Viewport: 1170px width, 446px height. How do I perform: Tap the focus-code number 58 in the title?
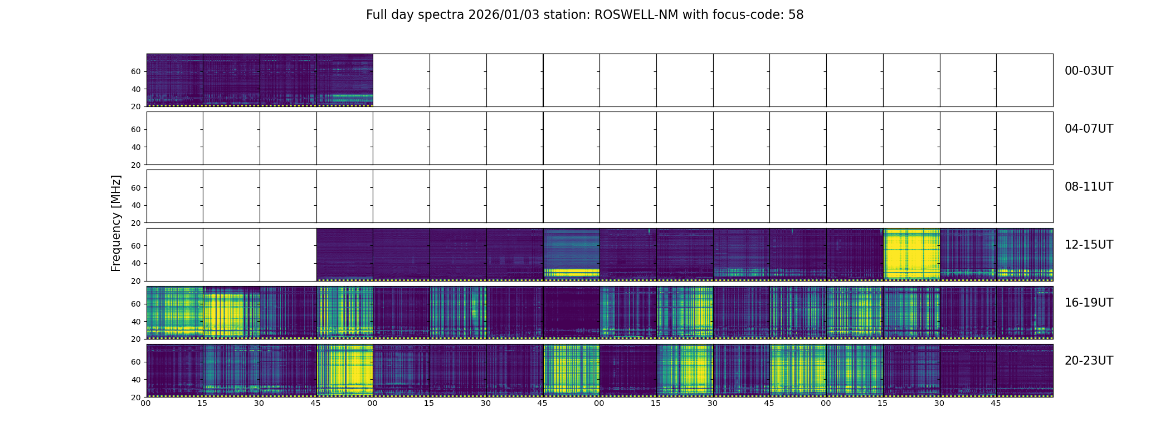(x=796, y=15)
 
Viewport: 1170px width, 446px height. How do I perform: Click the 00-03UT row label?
(x=1089, y=71)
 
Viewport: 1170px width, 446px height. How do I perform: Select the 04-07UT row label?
(x=1089, y=129)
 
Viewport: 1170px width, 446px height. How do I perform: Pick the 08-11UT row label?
(x=1089, y=187)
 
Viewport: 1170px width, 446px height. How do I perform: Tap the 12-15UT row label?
(x=1089, y=245)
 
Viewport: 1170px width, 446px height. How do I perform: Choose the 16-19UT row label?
(x=1089, y=303)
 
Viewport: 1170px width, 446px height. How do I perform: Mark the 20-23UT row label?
(x=1089, y=361)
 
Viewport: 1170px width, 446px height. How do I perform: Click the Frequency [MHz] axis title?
(x=116, y=223)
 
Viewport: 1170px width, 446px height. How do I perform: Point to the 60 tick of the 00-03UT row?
(x=136, y=71)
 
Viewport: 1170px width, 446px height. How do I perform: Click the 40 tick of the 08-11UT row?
(x=136, y=205)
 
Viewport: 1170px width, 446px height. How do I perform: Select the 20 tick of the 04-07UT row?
(x=136, y=165)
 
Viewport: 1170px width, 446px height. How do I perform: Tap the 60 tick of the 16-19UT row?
(x=136, y=304)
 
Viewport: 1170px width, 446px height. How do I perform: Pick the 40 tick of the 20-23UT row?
(x=136, y=380)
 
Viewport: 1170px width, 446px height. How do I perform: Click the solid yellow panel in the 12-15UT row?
(x=911, y=254)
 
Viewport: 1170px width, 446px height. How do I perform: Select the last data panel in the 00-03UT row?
(x=345, y=80)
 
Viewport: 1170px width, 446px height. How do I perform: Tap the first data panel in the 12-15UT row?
(x=345, y=254)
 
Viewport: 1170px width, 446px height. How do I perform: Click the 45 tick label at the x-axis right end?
(x=996, y=403)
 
